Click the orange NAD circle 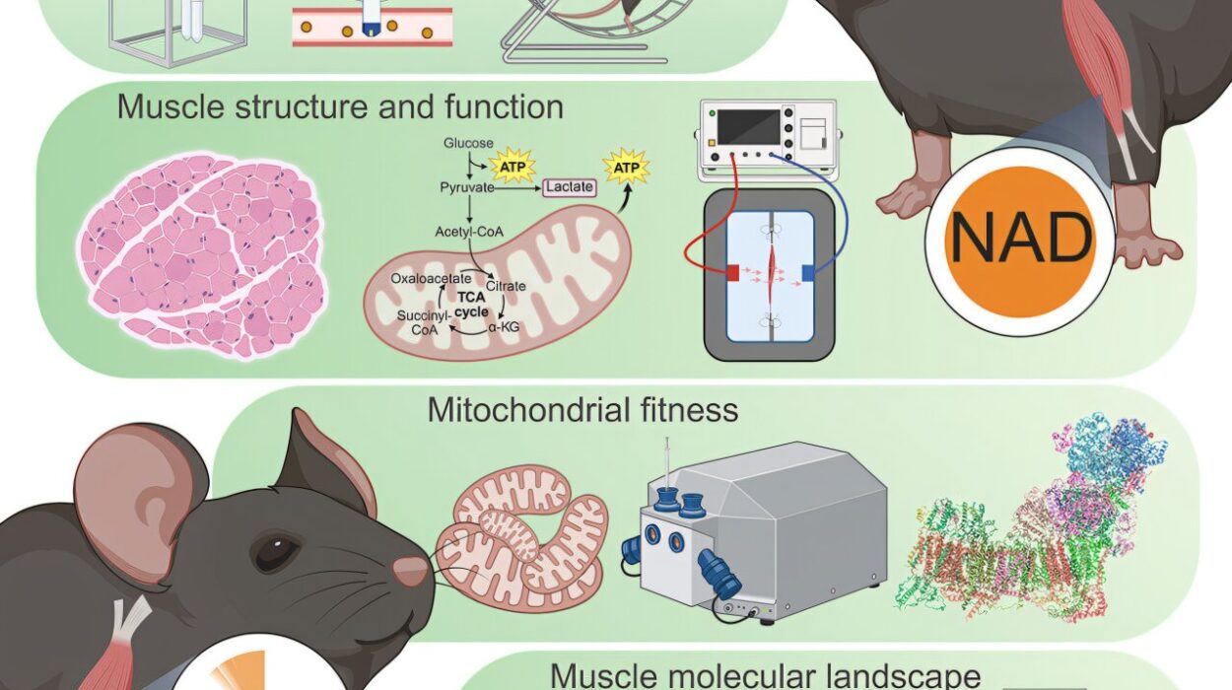coord(1021,242)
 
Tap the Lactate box coord(570,187)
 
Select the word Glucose coord(468,143)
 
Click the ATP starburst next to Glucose coord(513,167)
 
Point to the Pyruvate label coord(467,188)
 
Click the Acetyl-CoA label coord(469,232)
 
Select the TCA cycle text coord(472,305)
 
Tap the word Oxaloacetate coord(431,278)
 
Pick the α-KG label coord(504,327)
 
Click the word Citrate coord(506,286)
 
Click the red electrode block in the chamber coord(732,272)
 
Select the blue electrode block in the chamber coord(808,272)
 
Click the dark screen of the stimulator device coord(748,126)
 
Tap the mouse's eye coord(277,551)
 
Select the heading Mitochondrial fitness coord(583,410)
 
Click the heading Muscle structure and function coord(340,106)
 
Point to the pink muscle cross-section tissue coord(202,255)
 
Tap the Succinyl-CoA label coord(425,322)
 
